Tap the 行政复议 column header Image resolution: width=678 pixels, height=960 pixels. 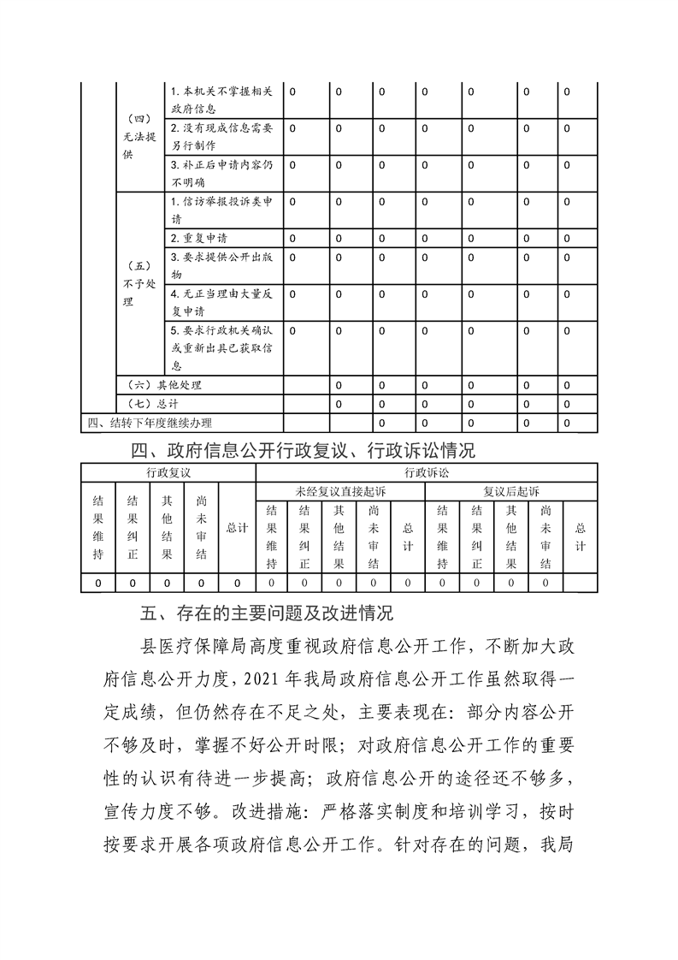click(x=168, y=472)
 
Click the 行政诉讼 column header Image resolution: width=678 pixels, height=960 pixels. click(x=426, y=472)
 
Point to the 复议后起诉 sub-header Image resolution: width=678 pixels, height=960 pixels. click(x=511, y=491)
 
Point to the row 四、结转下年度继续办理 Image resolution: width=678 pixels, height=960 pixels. click(x=149, y=423)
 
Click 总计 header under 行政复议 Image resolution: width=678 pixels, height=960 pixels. click(x=237, y=528)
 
